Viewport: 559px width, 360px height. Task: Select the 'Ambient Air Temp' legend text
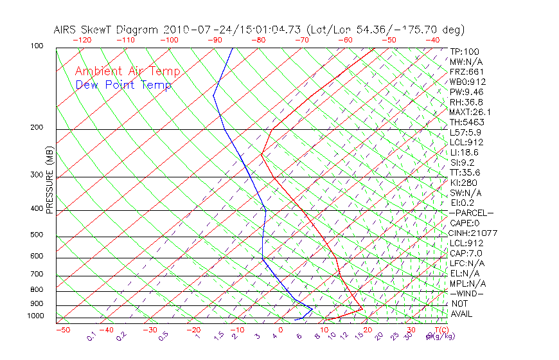coord(127,71)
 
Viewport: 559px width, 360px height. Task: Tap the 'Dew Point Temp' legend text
coord(123,85)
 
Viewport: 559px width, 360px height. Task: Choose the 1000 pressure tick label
coord(37,316)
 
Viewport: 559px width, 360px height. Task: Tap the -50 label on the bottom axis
coord(62,330)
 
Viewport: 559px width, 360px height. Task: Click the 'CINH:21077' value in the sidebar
coord(474,233)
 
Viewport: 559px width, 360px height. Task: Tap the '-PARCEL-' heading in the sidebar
coord(471,213)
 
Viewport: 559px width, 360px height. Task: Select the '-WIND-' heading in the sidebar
coord(467,293)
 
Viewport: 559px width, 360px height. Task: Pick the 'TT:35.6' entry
coord(465,172)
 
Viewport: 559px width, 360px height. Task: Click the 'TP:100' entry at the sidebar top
coord(465,51)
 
